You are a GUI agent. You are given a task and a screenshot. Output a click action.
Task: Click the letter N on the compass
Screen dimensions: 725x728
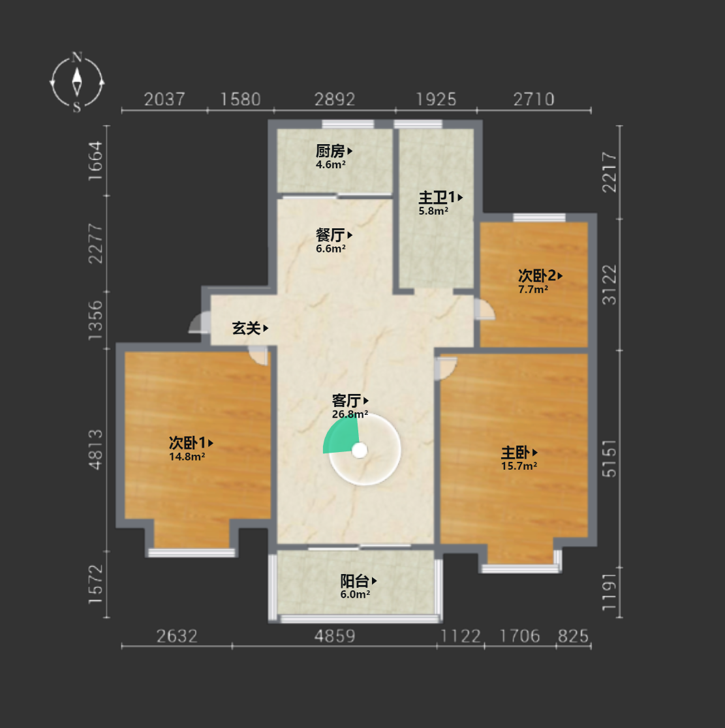coord(77,57)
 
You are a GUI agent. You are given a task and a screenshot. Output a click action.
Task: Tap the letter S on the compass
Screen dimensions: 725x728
coord(77,107)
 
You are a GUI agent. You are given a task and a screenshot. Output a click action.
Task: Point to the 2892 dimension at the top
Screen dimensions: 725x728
coord(334,99)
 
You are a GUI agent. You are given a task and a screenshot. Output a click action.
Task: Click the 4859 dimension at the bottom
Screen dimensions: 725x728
coord(334,635)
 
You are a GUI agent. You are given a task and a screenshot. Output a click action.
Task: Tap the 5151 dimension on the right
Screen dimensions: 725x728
coord(609,459)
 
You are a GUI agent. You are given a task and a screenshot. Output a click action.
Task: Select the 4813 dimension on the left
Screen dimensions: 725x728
coord(95,449)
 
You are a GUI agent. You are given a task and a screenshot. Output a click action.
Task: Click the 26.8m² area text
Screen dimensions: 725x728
coord(350,414)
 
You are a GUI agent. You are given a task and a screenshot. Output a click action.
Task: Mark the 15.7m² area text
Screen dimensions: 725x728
coord(519,466)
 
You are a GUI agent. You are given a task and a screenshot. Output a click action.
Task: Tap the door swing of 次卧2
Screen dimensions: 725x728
coord(484,309)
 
